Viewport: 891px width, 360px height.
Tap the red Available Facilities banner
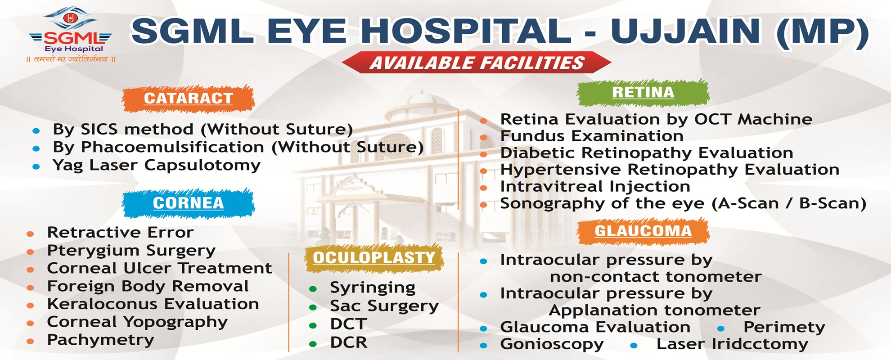click(x=477, y=63)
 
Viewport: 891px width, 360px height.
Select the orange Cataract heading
click(x=188, y=98)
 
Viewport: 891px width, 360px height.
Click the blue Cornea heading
click(x=188, y=203)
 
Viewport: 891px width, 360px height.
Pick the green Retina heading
click(x=643, y=92)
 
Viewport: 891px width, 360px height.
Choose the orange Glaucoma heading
click(x=643, y=231)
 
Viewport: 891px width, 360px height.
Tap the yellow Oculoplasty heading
click(x=374, y=258)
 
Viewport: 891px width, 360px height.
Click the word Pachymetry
click(x=101, y=340)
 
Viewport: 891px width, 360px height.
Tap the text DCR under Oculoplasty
click(x=349, y=342)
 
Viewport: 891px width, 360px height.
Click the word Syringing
click(x=373, y=288)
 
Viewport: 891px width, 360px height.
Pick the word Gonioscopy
click(x=552, y=344)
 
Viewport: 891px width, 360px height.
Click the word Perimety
click(x=784, y=328)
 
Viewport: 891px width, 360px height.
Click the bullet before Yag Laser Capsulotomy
click(x=36, y=166)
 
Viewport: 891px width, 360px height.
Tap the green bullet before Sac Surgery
click(x=313, y=307)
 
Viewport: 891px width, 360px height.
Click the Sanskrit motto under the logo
click(x=71, y=59)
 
